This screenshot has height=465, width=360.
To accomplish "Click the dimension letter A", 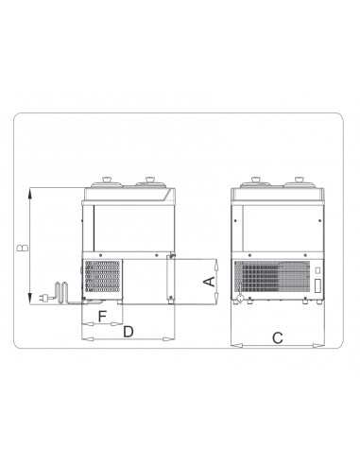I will coord(211,281).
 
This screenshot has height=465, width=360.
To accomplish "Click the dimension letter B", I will coord(21,248).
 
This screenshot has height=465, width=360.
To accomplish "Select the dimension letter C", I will coord(277,337).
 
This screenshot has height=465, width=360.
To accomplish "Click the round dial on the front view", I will coord(240,301).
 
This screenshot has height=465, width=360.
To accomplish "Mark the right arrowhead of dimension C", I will coord(324,346).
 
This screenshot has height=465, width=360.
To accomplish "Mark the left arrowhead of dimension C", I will coord(232,346).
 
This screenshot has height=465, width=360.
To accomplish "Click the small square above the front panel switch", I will coord(318,269).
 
